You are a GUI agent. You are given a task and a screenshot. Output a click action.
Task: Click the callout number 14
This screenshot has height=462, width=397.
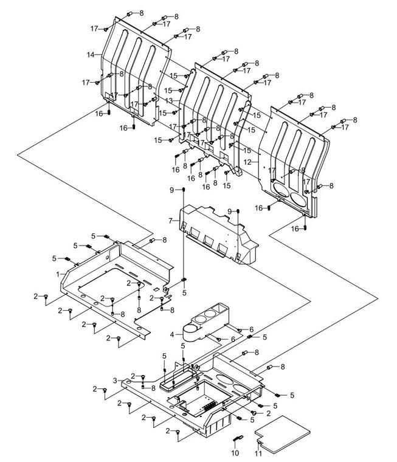(x=90, y=55)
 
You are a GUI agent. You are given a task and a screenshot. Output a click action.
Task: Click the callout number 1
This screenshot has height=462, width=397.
(x=58, y=274)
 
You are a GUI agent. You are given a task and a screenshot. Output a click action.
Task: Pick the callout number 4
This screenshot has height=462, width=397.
(x=173, y=334)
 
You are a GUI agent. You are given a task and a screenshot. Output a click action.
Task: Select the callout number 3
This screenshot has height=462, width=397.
(x=115, y=380)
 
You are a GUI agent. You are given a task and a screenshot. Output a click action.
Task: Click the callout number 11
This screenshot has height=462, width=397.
(x=258, y=453)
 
